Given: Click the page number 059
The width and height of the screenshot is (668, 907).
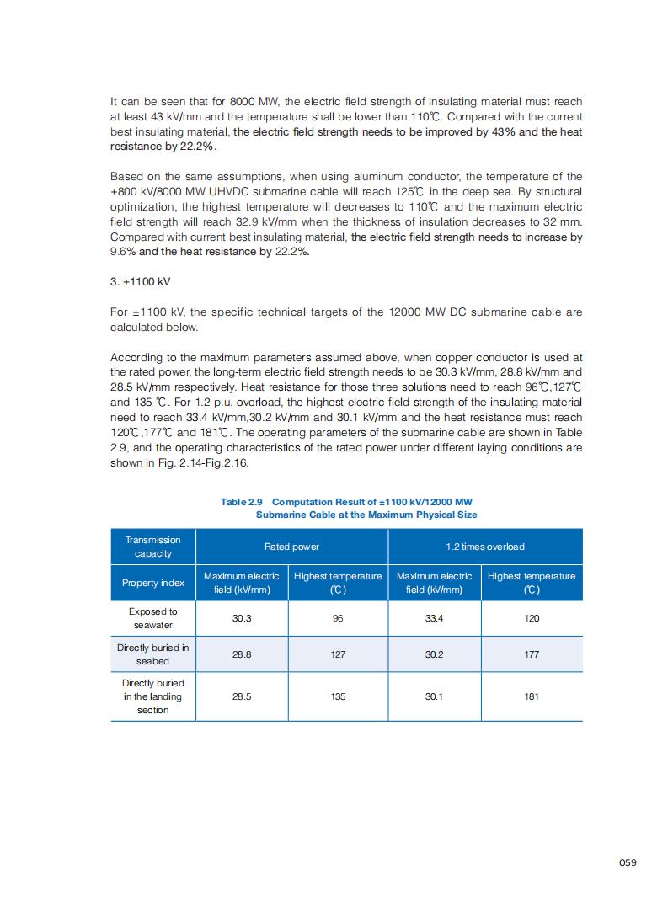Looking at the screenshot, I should [x=627, y=862].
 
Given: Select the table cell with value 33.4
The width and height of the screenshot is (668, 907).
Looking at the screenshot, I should [x=434, y=618].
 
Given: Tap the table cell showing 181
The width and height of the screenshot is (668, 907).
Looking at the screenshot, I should [x=532, y=696].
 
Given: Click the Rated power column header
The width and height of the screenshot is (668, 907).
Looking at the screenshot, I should [x=291, y=547].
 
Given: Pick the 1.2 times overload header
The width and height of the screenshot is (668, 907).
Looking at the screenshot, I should [x=484, y=547].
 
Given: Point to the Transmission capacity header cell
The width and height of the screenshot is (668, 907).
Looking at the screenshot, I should [x=152, y=547].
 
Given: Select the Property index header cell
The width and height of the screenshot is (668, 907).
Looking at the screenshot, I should [x=152, y=583].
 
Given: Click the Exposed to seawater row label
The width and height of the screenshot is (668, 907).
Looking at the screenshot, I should [x=152, y=618].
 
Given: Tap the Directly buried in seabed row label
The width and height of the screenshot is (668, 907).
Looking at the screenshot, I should [x=152, y=654].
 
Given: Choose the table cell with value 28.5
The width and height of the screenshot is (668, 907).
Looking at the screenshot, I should [x=242, y=696].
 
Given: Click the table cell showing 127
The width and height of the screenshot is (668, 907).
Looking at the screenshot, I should [x=338, y=654].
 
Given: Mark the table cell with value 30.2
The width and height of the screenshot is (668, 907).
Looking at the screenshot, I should [x=434, y=654].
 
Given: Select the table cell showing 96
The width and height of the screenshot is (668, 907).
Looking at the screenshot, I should [x=338, y=618].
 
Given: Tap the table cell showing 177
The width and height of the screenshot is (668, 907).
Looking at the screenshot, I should [x=532, y=654].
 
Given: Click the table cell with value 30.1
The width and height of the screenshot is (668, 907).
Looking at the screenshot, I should [x=434, y=696].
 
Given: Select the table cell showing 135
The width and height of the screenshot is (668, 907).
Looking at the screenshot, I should [x=338, y=696].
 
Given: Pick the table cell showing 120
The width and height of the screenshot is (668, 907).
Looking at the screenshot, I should [x=532, y=618].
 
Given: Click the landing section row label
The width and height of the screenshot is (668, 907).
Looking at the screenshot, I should [x=152, y=696].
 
